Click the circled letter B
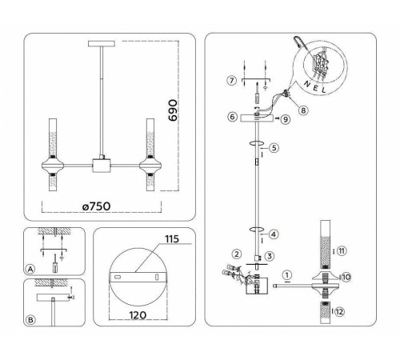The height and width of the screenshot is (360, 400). pyautogui.click(x=30, y=320)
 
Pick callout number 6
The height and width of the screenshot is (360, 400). pyautogui.click(x=231, y=117)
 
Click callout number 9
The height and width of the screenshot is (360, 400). pyautogui.click(x=285, y=118)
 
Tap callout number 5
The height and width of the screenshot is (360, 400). pyautogui.click(x=274, y=148)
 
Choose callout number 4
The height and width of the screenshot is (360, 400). pyautogui.click(x=274, y=234)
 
